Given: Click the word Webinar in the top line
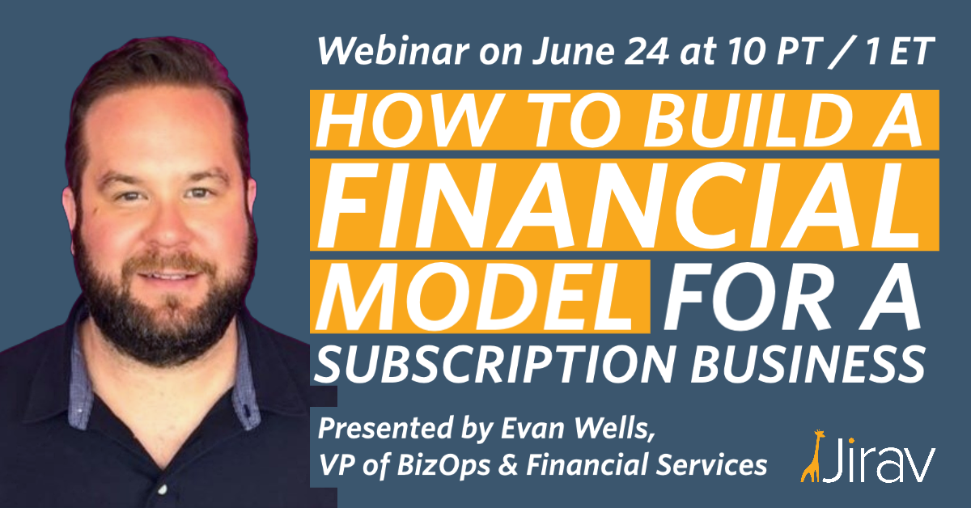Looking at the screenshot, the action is tap(393, 51).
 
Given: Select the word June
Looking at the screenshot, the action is tap(573, 51).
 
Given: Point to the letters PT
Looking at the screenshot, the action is tap(799, 51).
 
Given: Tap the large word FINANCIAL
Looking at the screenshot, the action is tap(618, 205).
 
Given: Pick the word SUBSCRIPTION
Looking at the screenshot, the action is tap(494, 364).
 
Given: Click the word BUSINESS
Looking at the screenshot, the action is tap(808, 364).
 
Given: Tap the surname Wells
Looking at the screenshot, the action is tap(615, 429).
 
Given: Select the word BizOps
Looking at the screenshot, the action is tap(444, 465).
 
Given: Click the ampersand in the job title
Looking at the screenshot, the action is tap(508, 464).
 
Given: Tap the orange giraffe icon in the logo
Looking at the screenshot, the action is tap(811, 456).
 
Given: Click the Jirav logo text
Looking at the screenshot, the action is tap(879, 460).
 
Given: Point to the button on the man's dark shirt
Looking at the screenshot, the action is tap(162, 489).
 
